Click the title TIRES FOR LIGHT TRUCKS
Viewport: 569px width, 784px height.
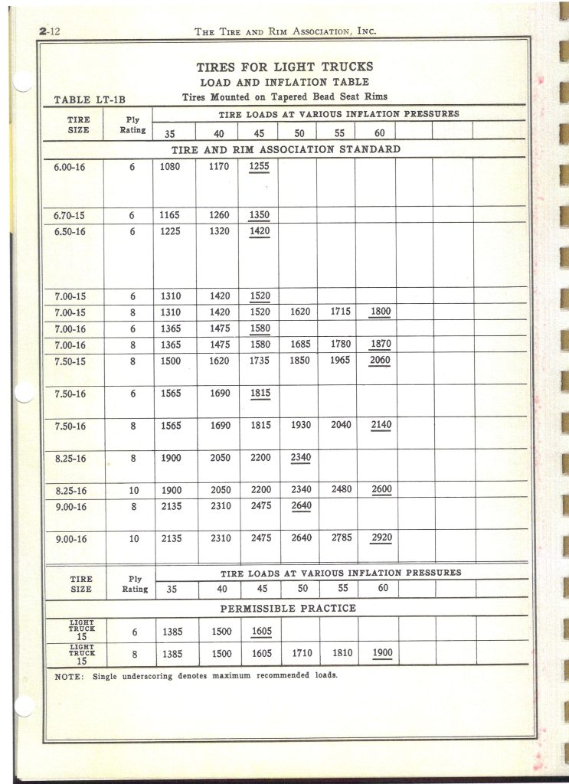285,67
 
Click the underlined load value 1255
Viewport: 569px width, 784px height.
260,166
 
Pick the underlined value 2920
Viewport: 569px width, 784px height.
381,538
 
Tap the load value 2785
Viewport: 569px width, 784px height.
341,538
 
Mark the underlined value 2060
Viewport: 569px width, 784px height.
381,361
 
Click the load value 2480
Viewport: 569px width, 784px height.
341,490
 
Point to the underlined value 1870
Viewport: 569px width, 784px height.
381,345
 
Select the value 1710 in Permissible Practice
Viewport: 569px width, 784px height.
301,654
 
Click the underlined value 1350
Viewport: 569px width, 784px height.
260,215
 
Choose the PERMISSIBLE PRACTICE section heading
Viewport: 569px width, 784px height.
288,609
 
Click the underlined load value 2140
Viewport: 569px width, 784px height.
381,426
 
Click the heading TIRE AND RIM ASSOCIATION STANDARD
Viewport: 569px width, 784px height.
286,149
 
